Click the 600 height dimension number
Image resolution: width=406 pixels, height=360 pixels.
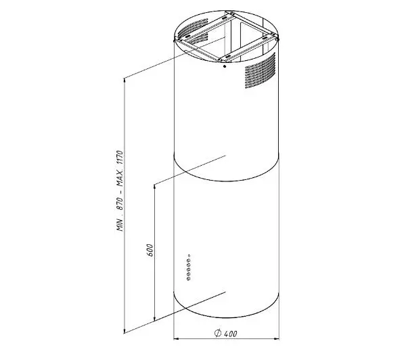pyautogui.click(x=150, y=250)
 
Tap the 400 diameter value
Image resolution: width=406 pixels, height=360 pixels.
pyautogui.click(x=231, y=334)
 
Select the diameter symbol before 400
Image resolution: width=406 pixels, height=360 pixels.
pyautogui.click(x=218, y=333)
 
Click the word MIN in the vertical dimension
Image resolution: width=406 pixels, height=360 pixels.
pyautogui.click(x=120, y=224)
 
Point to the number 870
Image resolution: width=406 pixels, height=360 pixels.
pyautogui.click(x=120, y=204)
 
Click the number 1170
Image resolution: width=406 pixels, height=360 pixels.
pyautogui.click(x=120, y=158)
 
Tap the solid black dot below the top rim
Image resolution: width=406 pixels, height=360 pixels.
pyautogui.click(x=225, y=66)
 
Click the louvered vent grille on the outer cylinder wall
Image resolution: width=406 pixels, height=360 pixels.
pyautogui.click(x=260, y=70)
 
